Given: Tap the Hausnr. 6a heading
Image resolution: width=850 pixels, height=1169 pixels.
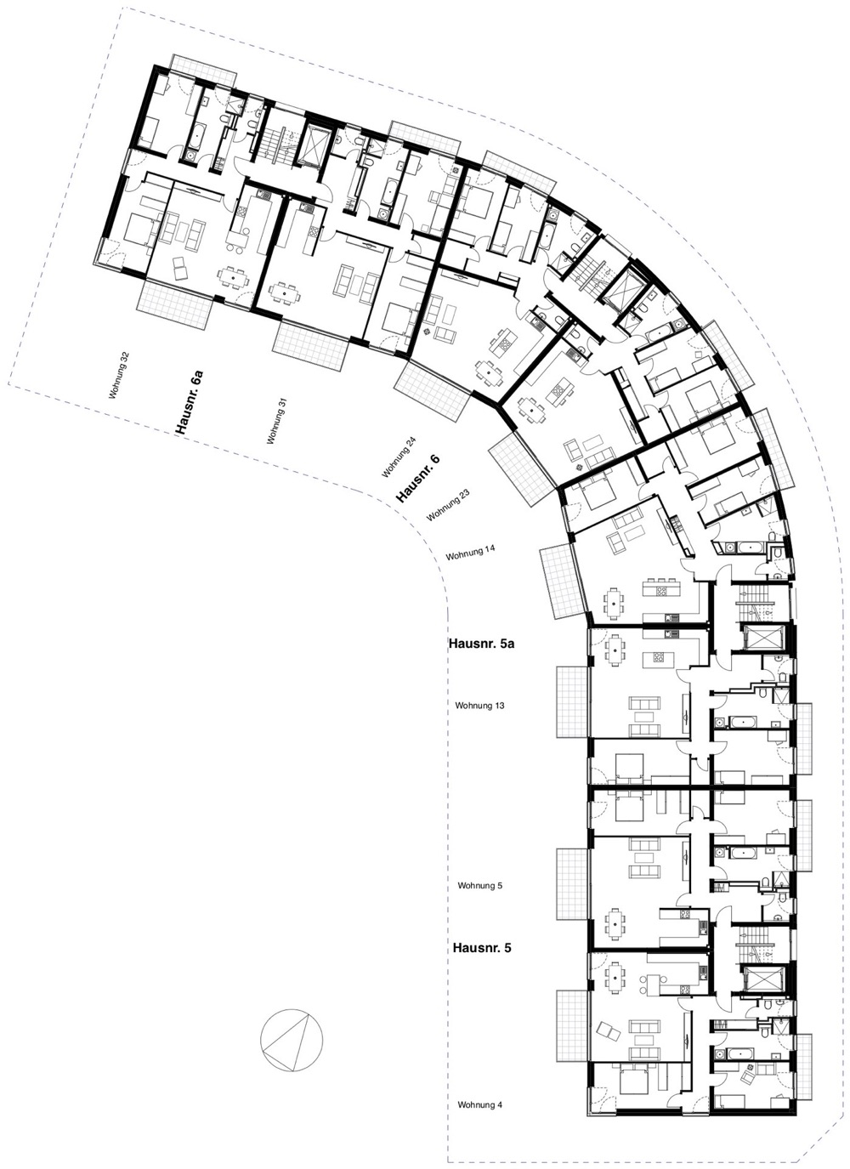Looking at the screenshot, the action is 189,402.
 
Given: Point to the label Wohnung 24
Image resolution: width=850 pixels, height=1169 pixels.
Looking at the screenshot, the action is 399,457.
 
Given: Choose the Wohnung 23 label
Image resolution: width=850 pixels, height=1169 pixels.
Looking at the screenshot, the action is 449,505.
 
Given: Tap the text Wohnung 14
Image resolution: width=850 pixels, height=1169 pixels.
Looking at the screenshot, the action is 470,553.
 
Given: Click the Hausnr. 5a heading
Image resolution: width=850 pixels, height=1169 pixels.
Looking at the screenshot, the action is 481,644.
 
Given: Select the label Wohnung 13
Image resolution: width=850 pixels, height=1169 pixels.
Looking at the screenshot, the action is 480,706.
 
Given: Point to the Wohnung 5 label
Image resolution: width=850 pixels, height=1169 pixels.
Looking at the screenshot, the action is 480,886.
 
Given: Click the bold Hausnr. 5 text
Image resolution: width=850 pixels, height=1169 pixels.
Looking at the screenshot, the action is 482,947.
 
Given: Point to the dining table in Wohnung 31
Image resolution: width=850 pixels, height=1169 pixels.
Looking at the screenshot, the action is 284,294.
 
